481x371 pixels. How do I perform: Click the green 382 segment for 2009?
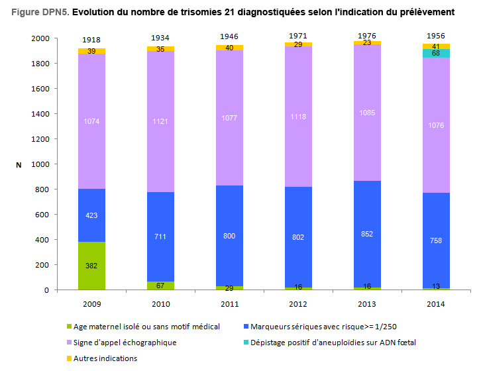point(91,266)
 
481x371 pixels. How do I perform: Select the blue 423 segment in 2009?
point(91,215)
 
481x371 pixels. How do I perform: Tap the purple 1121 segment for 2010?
point(160,122)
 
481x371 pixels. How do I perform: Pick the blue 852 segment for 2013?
point(367,235)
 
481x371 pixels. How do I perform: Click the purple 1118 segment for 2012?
point(298,117)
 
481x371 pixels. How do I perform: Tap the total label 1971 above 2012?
point(298,34)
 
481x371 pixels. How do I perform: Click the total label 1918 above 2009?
point(91,41)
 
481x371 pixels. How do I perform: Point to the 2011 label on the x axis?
point(229,304)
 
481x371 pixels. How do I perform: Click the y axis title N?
point(19,164)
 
